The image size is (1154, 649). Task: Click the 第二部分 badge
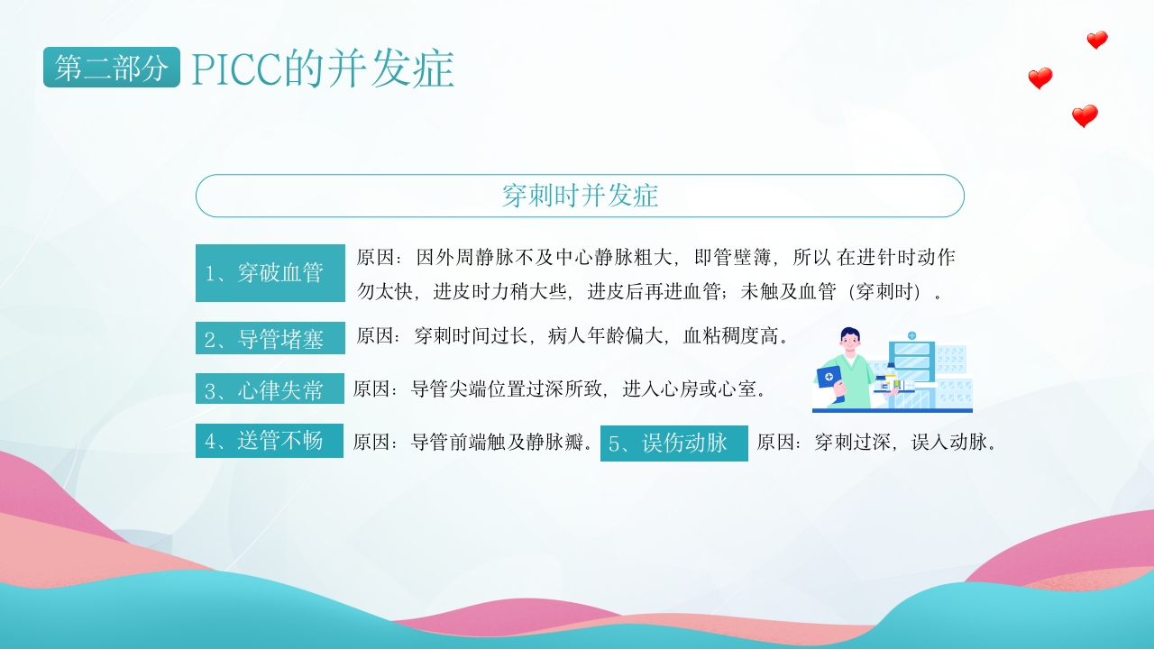(111, 68)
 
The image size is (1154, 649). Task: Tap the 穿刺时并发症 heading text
(580, 196)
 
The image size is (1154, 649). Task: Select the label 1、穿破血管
(270, 273)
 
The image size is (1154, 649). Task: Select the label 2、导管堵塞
(270, 339)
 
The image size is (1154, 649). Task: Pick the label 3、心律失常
(270, 390)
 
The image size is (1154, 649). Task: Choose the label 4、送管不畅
(269, 442)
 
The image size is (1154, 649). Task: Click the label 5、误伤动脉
(673, 443)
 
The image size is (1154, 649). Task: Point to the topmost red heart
(1096, 40)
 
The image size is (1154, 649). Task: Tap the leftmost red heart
(1040, 78)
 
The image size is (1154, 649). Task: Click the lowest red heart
(1085, 116)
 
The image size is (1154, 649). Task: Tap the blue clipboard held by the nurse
(829, 376)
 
